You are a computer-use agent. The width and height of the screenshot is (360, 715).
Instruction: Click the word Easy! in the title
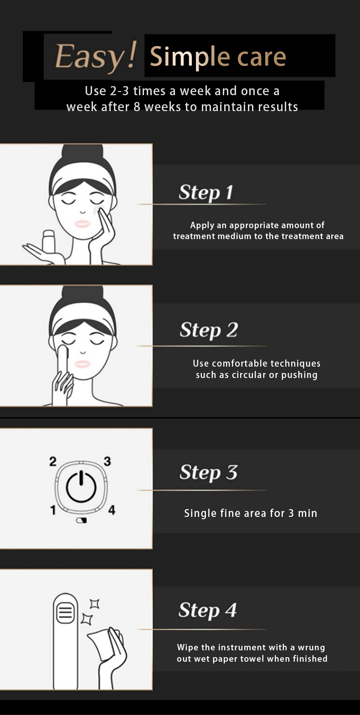tap(96, 56)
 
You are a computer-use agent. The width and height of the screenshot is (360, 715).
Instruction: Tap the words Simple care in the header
tap(218, 57)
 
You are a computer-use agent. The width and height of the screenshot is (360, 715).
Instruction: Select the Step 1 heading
tap(206, 193)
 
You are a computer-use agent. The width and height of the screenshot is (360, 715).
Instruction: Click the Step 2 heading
tap(209, 330)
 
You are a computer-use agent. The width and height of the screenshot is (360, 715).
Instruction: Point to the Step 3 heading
tap(209, 472)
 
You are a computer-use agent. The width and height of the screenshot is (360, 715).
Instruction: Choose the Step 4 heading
tap(208, 610)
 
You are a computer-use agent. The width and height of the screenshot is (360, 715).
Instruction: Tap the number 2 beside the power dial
tap(53, 461)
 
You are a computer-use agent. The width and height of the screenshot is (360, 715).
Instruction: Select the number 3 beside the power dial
tap(108, 461)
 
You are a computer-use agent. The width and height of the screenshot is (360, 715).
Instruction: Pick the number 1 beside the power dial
tap(53, 510)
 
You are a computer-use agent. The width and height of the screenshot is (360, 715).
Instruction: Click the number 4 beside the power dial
tap(112, 510)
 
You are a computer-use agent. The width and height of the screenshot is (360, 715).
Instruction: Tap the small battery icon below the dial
tap(82, 521)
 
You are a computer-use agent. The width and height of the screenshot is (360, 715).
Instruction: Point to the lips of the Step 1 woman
tap(82, 224)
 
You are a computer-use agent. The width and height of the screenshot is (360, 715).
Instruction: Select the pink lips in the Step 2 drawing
tap(82, 364)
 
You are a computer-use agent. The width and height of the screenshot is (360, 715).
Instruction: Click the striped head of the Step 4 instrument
tap(66, 613)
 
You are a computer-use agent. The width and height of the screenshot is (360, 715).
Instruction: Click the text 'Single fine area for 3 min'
tap(251, 513)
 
